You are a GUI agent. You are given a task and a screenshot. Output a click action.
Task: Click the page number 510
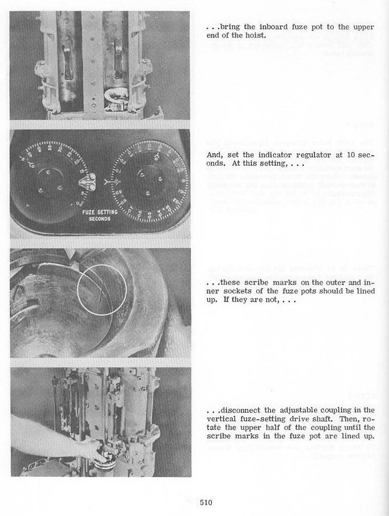pyautogui.click(x=205, y=502)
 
